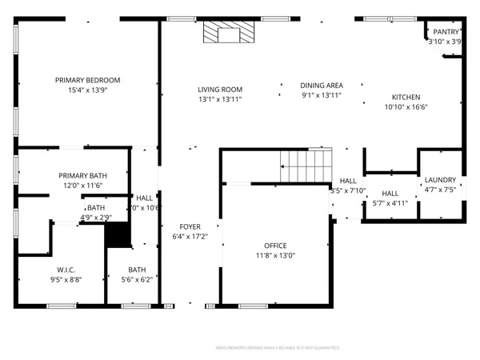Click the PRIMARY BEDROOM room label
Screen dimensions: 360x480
pos(87,80)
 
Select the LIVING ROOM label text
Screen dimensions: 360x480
pos(220,90)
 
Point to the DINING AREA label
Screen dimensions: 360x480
pos(322,86)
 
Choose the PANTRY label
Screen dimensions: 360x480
pos(446,32)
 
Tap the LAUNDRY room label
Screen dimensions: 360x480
pos(440,180)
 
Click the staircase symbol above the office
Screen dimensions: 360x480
pos(305,166)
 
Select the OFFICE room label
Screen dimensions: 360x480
pos(275,246)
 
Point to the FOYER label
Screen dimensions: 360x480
pos(190,226)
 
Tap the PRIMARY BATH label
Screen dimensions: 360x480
pos(82,175)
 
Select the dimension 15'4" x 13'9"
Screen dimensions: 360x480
pos(87,90)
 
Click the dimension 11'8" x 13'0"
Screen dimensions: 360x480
pos(275,256)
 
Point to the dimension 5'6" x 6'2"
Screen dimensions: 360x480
pos(137,279)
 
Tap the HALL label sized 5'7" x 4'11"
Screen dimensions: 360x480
pos(390,194)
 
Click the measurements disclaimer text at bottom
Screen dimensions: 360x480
pos(278,348)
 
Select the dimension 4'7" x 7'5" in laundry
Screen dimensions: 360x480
pos(440,190)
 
